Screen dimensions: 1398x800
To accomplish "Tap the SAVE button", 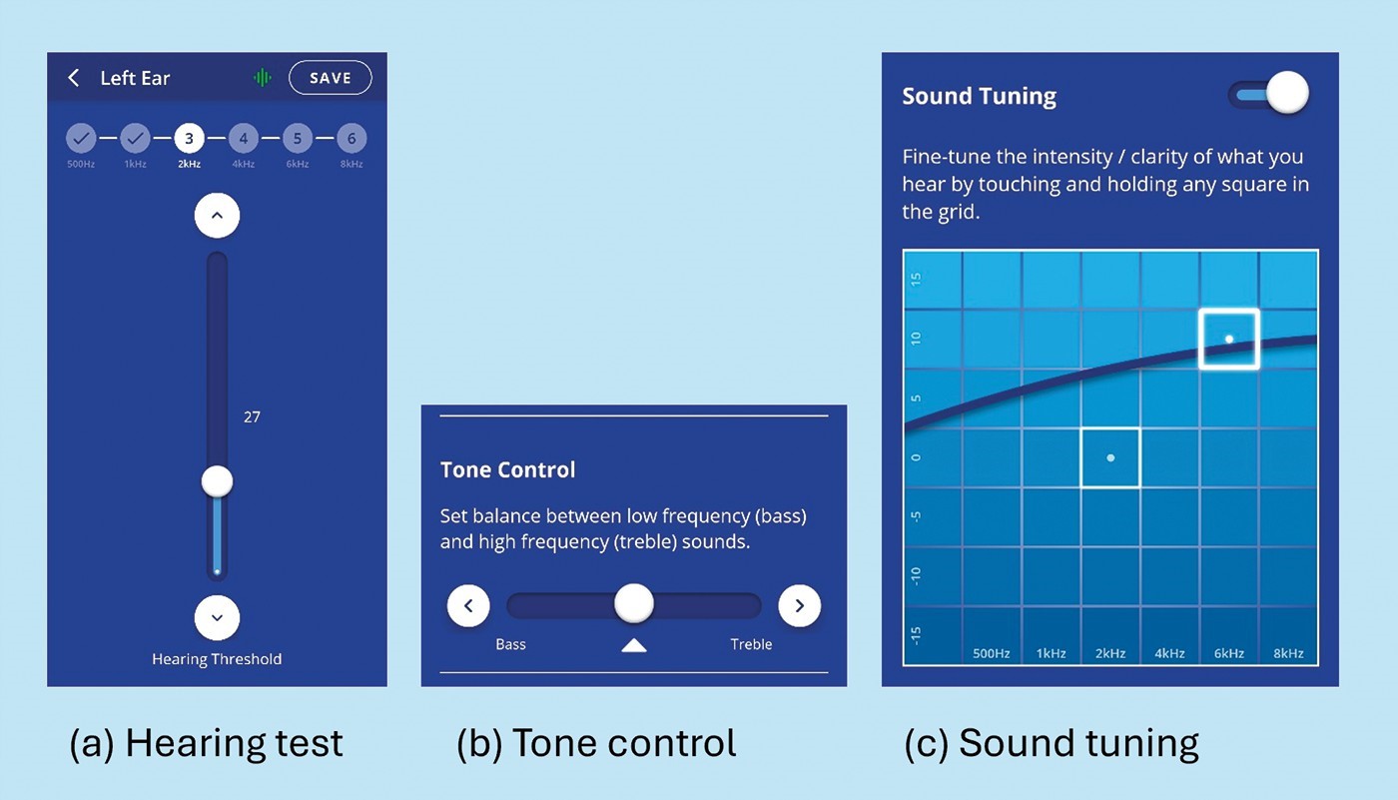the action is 331,77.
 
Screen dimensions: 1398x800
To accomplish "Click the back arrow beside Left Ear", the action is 74,78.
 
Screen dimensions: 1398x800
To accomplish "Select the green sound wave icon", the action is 263,78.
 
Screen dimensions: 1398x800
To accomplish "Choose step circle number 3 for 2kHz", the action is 189,139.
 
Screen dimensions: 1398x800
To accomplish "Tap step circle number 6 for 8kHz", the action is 351,139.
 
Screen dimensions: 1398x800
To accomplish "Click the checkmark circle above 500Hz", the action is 81,139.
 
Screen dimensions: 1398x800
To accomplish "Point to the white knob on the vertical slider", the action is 218,481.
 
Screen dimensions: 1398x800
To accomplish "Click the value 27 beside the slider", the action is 252,416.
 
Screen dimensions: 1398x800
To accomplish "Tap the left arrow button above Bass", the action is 468,605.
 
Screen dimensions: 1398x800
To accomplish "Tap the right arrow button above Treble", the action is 800,605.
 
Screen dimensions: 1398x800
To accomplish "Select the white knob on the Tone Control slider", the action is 634,603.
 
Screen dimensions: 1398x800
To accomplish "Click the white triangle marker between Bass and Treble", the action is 634,645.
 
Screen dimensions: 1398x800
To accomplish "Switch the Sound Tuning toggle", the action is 1269,94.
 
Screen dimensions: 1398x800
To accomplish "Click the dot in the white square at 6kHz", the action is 1229,339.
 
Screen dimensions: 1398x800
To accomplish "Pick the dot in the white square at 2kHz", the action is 1110,458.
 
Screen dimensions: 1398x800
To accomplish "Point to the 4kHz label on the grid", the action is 1169,653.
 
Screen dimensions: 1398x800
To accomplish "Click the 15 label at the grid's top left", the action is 916,280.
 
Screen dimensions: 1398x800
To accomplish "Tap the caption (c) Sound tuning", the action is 1050,743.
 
